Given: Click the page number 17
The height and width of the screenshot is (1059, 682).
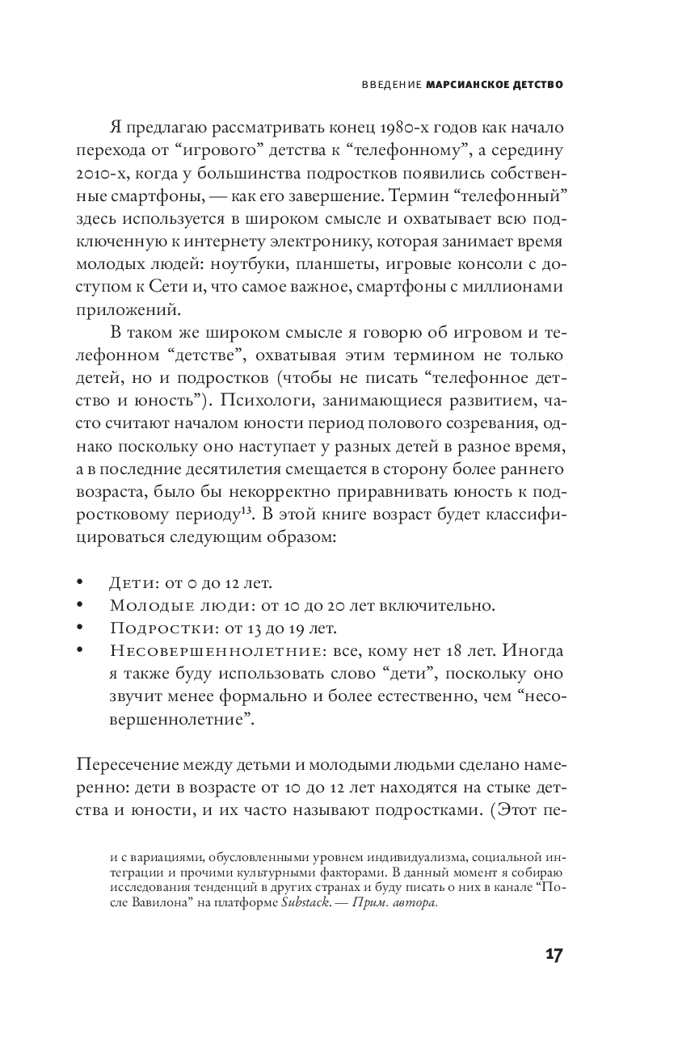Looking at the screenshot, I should tap(553, 954).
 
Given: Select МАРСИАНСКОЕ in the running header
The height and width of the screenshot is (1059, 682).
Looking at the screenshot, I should tap(465, 83).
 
